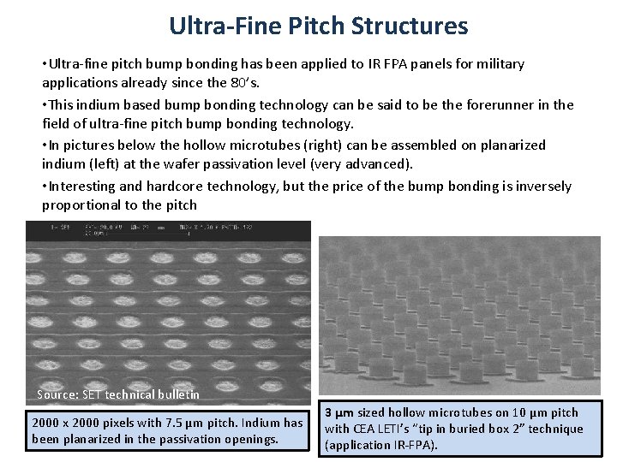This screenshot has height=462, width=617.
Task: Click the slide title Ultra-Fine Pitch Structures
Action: pos(318,26)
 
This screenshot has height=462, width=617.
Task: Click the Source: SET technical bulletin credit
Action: pos(118,394)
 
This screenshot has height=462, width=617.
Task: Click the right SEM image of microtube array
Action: pos(459,315)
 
